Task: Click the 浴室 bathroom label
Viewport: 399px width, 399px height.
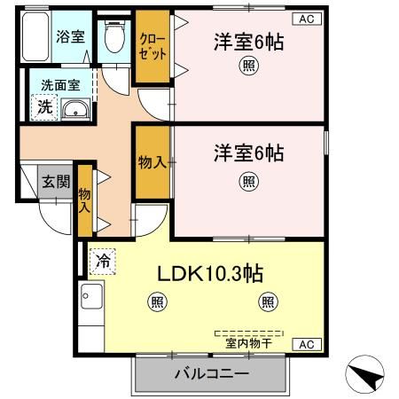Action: [69, 36]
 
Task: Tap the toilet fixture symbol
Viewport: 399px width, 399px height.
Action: [113, 37]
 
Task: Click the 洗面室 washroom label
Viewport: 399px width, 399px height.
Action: [58, 86]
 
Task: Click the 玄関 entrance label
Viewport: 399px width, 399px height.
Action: [56, 183]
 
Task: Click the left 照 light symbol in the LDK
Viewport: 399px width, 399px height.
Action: [156, 302]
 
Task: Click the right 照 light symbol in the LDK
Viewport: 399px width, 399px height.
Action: [268, 302]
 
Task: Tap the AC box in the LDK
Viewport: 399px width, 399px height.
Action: [305, 344]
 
